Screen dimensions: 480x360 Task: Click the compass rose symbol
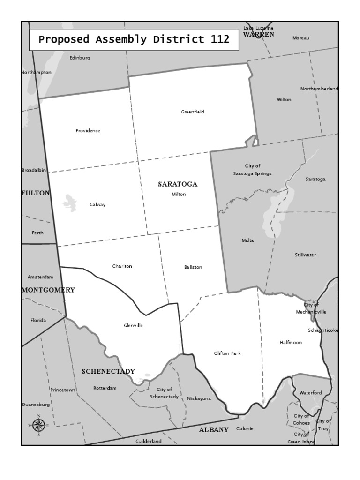(38, 425)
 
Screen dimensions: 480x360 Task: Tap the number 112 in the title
(220, 39)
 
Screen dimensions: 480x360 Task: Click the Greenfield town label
(193, 112)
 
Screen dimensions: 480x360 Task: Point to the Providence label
(88, 131)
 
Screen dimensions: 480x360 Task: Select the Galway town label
(97, 204)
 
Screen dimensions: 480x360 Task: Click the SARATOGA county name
(178, 184)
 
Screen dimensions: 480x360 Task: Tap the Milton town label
(179, 194)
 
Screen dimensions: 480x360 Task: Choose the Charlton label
(122, 266)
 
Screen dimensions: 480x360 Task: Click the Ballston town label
(193, 267)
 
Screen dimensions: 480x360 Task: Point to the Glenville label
(134, 326)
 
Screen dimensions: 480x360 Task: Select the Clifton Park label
(227, 353)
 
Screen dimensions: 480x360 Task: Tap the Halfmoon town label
(291, 343)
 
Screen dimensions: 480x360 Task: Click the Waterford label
(311, 393)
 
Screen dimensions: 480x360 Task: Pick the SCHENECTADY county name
(108, 372)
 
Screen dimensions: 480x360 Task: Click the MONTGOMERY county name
(48, 290)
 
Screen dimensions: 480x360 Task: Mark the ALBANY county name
(214, 430)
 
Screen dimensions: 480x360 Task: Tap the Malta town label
(247, 240)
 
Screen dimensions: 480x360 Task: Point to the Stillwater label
(306, 255)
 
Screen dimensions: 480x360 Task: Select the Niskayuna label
(199, 398)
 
